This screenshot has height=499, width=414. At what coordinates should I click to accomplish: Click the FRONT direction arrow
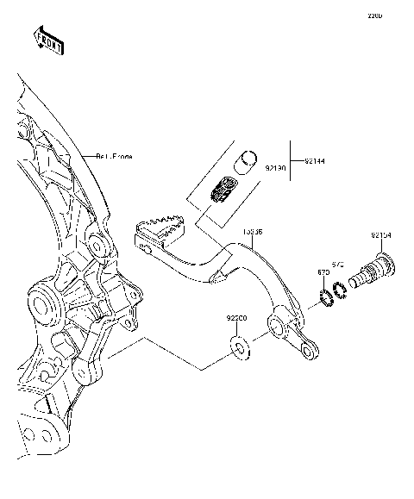tap(48, 41)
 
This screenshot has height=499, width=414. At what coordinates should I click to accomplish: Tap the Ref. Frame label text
tap(115, 156)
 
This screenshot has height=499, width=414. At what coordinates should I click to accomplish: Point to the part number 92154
tap(382, 235)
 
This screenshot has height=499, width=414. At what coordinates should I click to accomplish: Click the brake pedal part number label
tap(253, 232)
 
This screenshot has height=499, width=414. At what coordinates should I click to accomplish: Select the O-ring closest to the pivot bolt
tap(340, 290)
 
